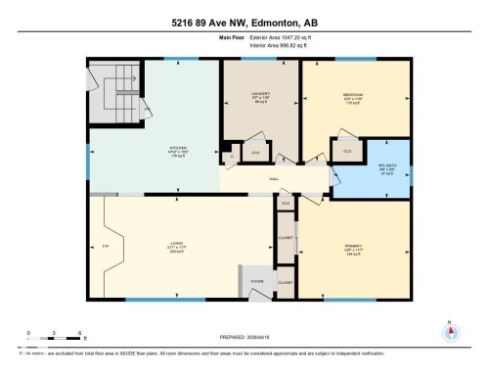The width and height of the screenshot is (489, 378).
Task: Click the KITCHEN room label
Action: pos(178,151)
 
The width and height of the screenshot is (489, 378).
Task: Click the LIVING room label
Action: pos(178,247)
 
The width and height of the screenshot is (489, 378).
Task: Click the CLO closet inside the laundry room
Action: pos(255,153)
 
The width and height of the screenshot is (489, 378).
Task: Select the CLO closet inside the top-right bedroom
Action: pos(346,153)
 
